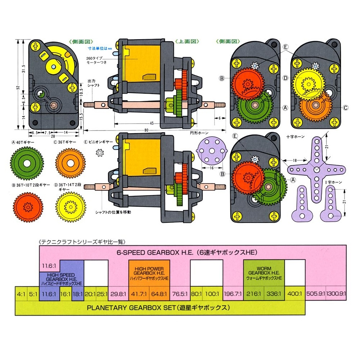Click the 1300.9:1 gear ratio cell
click(336, 294)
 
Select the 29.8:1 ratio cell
click(118, 294)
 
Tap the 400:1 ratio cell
click(295, 294)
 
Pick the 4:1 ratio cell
click(21, 294)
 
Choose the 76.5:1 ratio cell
click(180, 294)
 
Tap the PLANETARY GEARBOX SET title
click(158, 308)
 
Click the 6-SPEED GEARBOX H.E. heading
click(187, 253)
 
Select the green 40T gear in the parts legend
click(27, 163)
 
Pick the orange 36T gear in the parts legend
click(71, 163)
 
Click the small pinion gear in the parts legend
click(100, 153)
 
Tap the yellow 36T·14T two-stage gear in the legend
click(71, 207)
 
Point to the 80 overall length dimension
click(146, 130)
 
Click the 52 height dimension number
click(18, 88)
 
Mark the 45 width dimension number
click(152, 123)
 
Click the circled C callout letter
click(346, 108)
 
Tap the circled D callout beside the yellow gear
click(285, 78)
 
